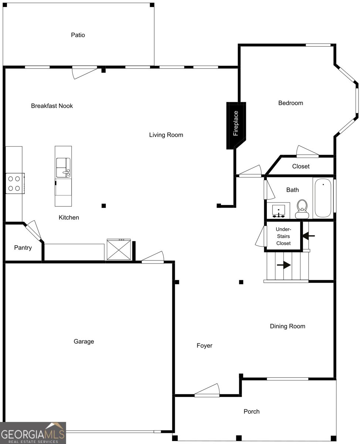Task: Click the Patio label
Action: tap(78, 35)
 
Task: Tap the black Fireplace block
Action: tap(236, 125)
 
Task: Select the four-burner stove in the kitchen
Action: tap(15, 183)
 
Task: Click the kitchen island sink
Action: tap(63, 168)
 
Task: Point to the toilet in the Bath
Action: tap(302, 209)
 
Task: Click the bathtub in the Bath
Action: tap(323, 198)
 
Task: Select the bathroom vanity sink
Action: tap(278, 211)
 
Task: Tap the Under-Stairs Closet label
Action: tap(283, 236)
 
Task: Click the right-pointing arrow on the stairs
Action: tap(283, 265)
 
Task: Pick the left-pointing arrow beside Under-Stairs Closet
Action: tap(308, 236)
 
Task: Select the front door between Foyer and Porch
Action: tap(207, 390)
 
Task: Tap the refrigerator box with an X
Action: tap(119, 249)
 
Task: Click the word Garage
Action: tap(84, 341)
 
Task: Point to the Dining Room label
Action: tap(287, 326)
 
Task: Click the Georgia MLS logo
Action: tap(33, 433)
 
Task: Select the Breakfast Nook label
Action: tap(52, 106)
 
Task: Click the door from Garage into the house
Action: tap(153, 258)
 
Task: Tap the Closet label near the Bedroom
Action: tap(300, 166)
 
